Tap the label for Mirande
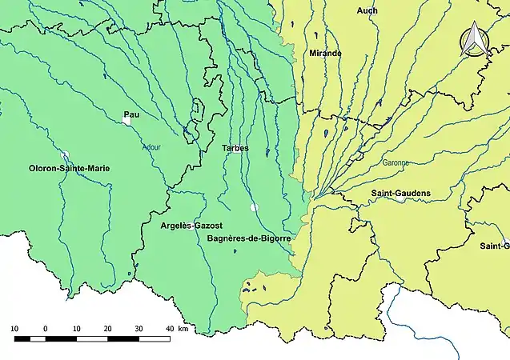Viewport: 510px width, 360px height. coord(325,53)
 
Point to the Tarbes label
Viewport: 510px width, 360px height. coord(235,148)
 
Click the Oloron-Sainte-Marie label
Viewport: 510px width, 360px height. coord(69,169)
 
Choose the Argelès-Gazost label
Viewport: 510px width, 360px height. coord(191,226)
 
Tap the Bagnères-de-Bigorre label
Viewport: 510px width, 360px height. coord(248,239)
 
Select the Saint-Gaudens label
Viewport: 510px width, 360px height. coord(401,194)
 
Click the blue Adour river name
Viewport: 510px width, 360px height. coord(151,147)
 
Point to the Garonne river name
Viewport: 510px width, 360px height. coord(396,162)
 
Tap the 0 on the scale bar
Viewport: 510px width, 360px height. coord(45,329)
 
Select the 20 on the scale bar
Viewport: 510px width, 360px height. coord(107,329)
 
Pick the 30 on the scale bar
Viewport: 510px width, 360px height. coord(139,329)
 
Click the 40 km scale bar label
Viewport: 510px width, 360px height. coord(177,329)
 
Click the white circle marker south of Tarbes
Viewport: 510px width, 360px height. coord(254,207)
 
